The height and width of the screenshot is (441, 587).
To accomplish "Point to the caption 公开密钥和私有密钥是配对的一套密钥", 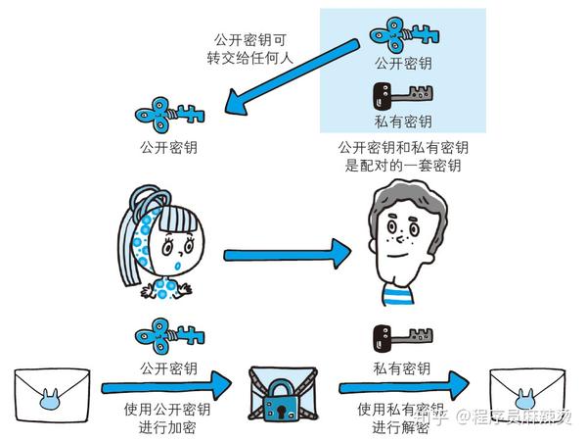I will (x=401, y=157).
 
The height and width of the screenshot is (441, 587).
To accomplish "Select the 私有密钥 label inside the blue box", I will (x=402, y=123).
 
